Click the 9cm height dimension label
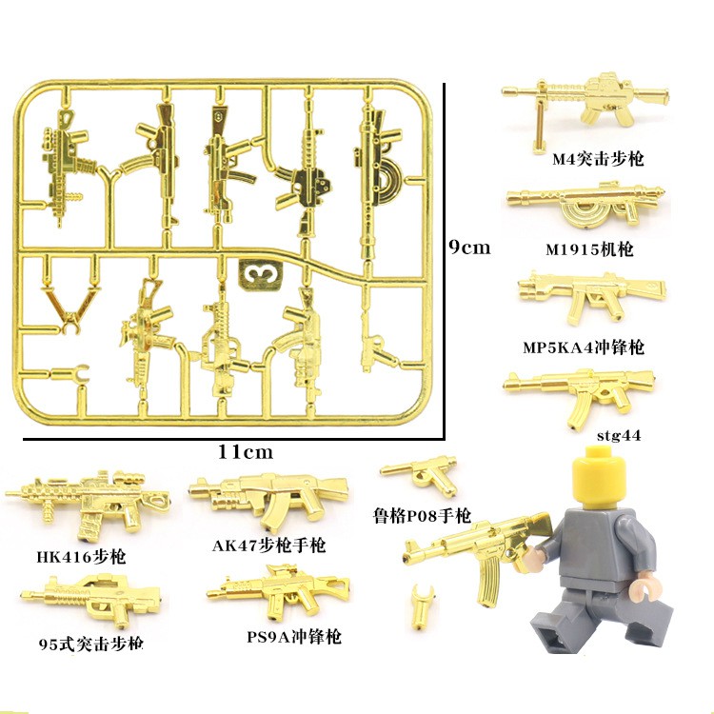470,248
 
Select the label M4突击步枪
598,159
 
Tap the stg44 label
618,436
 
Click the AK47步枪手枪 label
269,546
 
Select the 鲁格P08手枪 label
422,516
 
